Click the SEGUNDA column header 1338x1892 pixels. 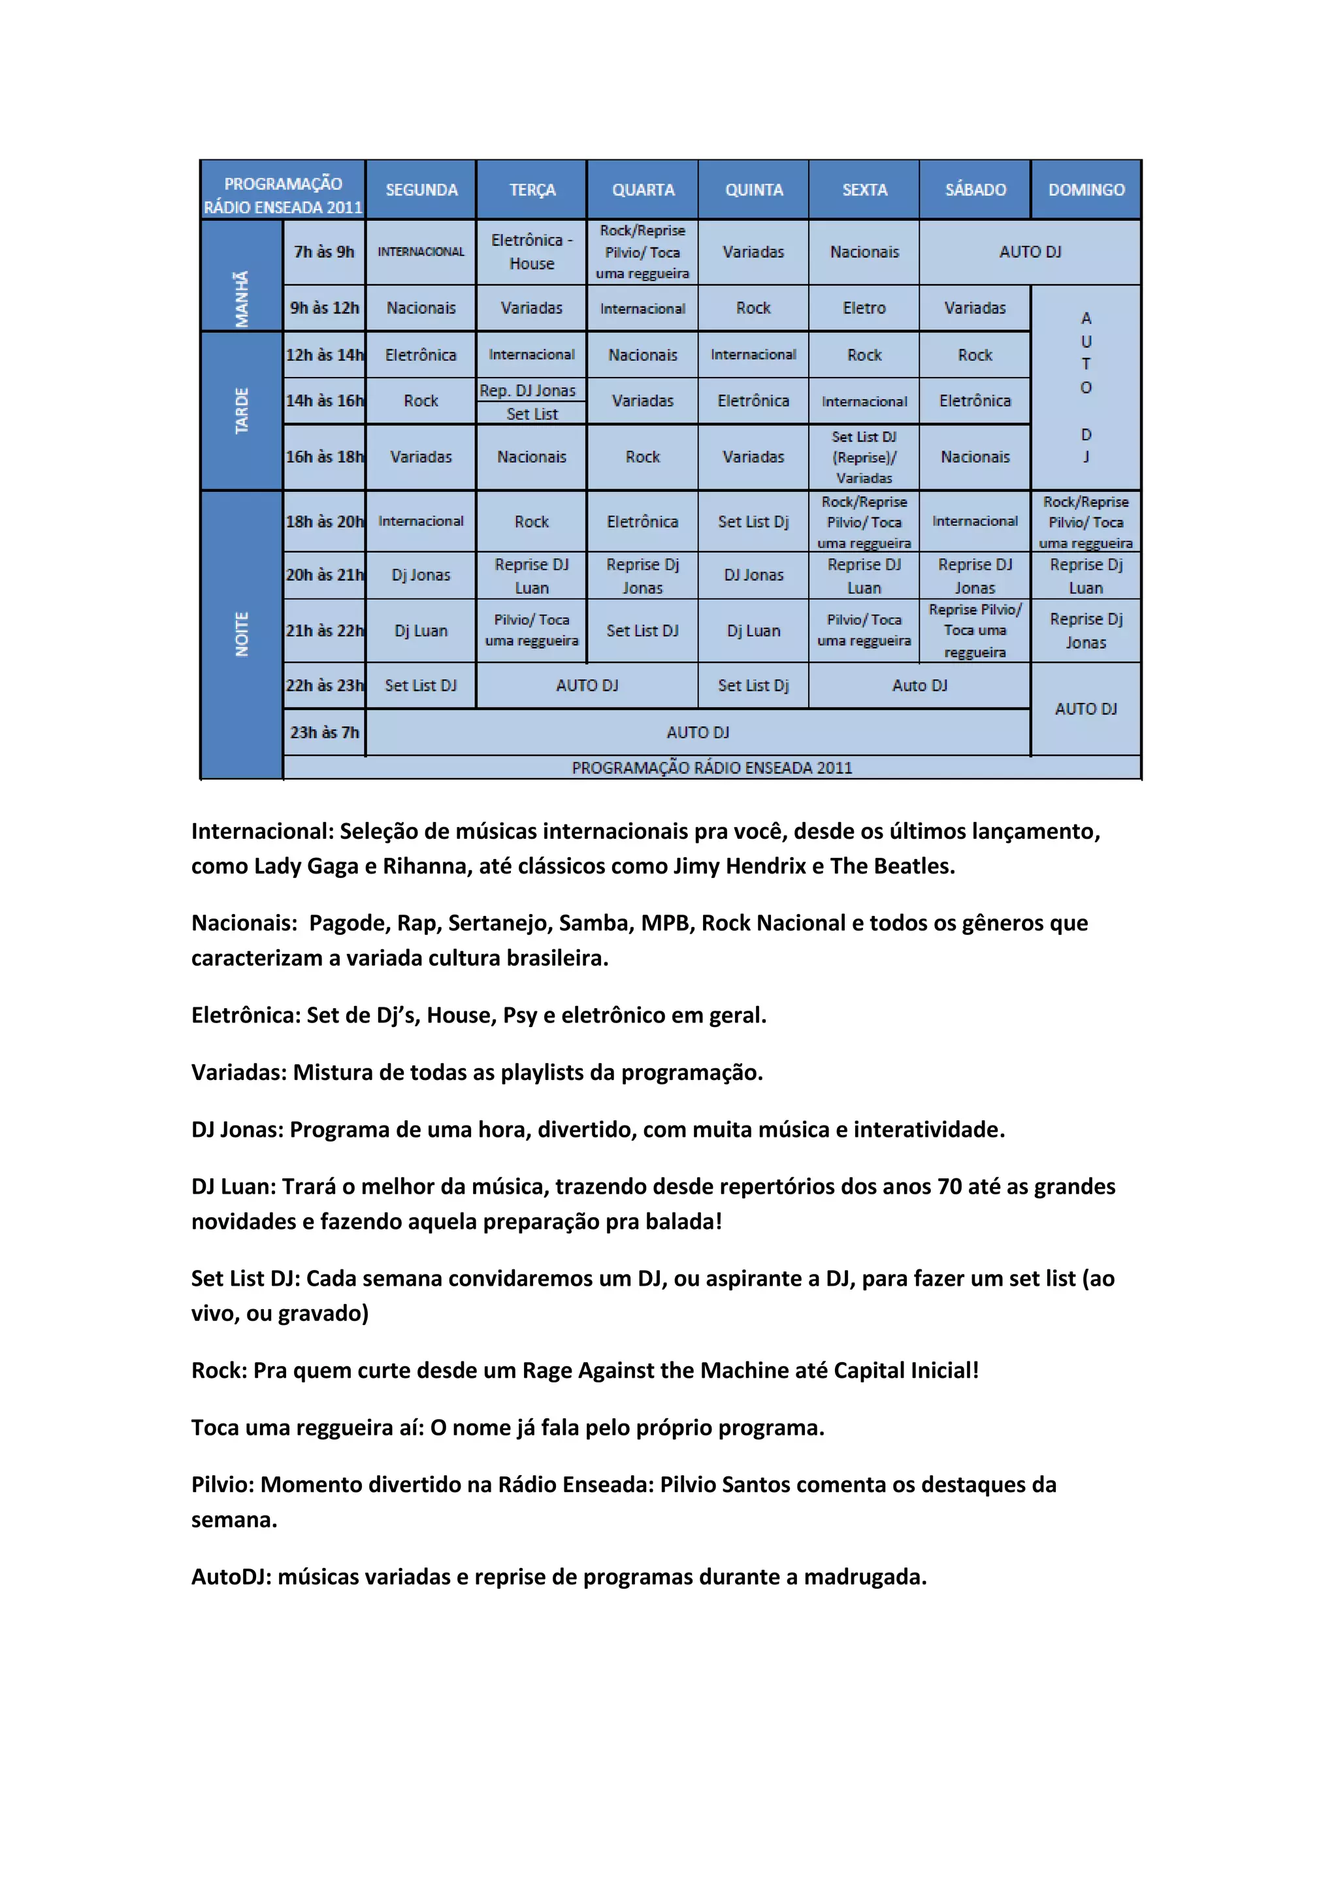tap(421, 189)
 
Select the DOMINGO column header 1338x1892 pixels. tap(1086, 189)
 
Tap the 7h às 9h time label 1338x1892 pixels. tap(324, 252)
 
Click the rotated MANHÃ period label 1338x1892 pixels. tap(241, 299)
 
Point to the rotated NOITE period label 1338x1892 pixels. tap(241, 634)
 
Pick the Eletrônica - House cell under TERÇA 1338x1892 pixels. tap(531, 252)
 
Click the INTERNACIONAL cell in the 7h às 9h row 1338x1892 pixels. tap(421, 252)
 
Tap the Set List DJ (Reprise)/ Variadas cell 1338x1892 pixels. tap(864, 457)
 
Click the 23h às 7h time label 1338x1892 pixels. tap(324, 732)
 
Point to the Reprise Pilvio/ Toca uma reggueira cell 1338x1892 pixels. tap(975, 630)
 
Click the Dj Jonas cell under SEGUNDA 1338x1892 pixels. tap(421, 574)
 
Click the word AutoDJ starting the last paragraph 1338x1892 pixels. tap(231, 1576)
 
